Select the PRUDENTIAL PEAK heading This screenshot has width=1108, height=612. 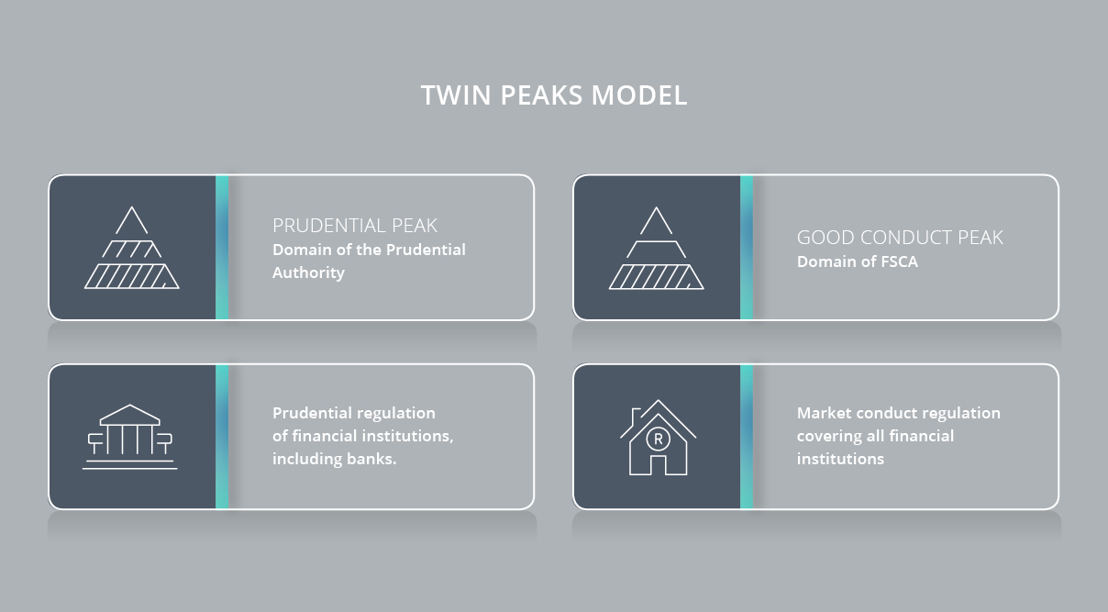click(x=355, y=226)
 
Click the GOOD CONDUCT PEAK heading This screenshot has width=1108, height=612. click(x=900, y=238)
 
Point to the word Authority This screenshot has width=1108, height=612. click(x=308, y=273)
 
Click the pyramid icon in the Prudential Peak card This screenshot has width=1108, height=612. click(x=131, y=248)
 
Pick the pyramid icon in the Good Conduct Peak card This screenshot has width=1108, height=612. click(x=657, y=248)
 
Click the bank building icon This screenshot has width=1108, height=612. click(x=130, y=437)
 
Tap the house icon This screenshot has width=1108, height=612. click(x=658, y=438)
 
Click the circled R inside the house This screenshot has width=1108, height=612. click(x=658, y=439)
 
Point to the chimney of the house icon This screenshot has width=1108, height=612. click(x=636, y=417)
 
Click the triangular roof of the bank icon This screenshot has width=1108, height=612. click(x=130, y=415)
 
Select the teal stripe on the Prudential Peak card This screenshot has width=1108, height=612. click(x=222, y=248)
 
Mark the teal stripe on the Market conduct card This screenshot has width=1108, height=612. click(x=747, y=437)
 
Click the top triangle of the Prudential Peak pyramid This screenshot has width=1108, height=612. click(x=131, y=220)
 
